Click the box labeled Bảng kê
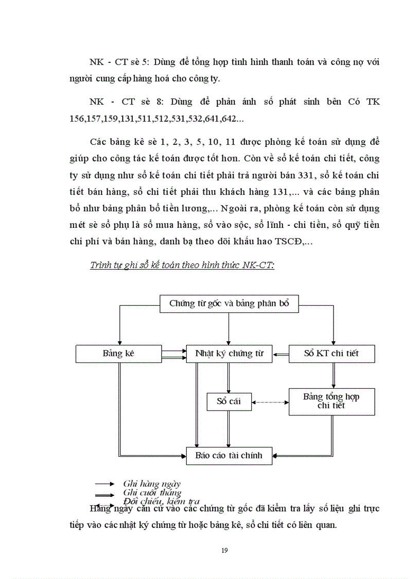(119, 354)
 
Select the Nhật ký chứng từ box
(229, 354)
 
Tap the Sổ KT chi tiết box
(331, 354)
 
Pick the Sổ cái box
(229, 402)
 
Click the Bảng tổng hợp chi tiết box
(331, 401)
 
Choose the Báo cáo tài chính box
(229, 456)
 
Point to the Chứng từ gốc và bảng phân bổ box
(229, 303)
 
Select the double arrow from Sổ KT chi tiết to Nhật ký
(281, 354)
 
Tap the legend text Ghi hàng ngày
(152, 484)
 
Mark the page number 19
(224, 550)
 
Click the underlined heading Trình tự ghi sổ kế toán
(182, 265)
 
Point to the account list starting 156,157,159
(160, 119)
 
